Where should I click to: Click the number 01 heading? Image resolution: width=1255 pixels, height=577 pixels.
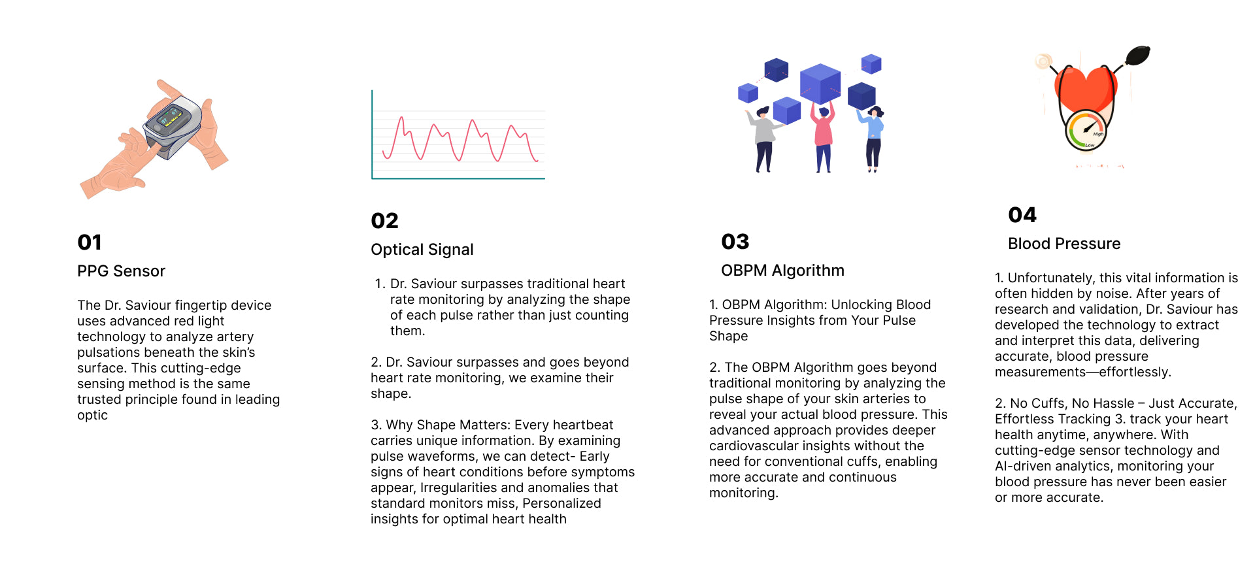pyautogui.click(x=90, y=242)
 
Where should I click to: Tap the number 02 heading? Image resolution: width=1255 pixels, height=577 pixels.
pyautogui.click(x=384, y=221)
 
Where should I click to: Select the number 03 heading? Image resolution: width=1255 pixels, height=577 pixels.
pyautogui.click(x=735, y=242)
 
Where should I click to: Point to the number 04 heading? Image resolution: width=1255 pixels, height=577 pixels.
pyautogui.click(x=1022, y=215)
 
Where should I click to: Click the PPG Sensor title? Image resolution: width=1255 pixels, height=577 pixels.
pyautogui.click(x=122, y=271)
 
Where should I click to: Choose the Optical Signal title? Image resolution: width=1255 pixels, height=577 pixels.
pyautogui.click(x=422, y=250)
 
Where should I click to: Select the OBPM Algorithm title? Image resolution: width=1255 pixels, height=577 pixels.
pyautogui.click(x=782, y=271)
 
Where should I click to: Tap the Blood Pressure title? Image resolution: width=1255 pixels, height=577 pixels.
pyautogui.click(x=1064, y=244)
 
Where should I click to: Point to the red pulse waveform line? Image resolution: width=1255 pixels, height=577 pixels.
pyautogui.click(x=461, y=139)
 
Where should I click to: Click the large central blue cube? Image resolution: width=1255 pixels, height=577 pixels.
pyautogui.click(x=820, y=83)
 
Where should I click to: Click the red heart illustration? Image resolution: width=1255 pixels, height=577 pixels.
pyautogui.click(x=1086, y=89)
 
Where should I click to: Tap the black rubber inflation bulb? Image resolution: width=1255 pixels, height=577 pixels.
pyautogui.click(x=1138, y=55)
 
